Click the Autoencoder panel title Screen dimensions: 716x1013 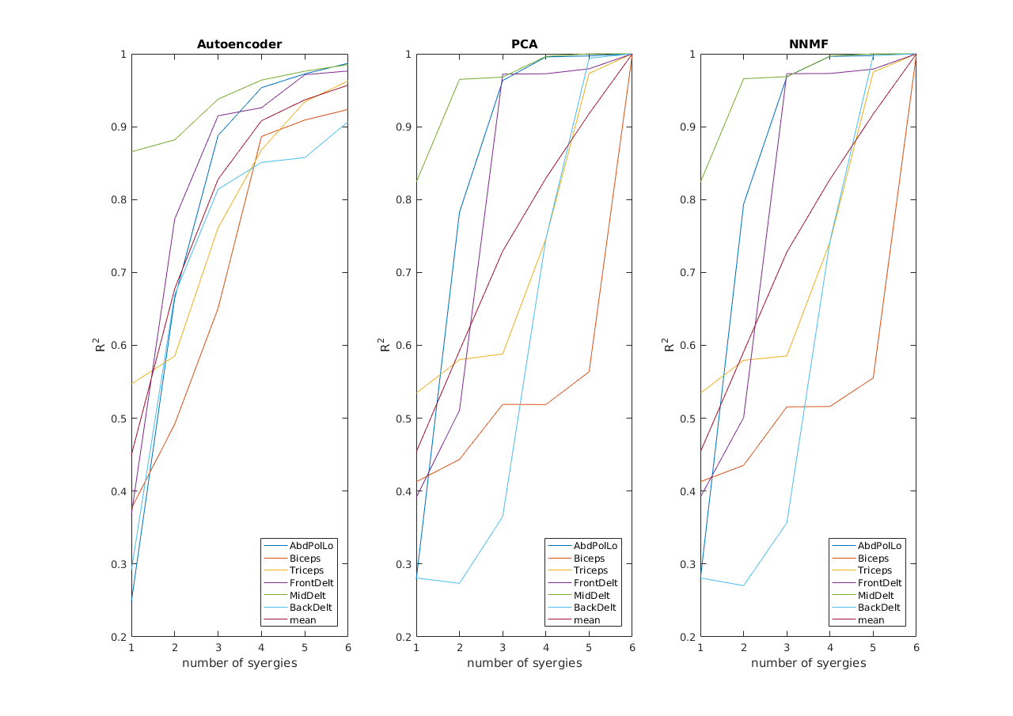[239, 44]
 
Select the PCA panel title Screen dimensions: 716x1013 [524, 44]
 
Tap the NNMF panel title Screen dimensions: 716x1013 [808, 44]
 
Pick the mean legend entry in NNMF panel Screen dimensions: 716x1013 [872, 620]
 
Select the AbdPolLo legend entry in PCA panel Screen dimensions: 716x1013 [595, 546]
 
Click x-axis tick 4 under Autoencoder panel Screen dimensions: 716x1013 [261, 648]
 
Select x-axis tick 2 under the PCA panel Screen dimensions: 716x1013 [459, 648]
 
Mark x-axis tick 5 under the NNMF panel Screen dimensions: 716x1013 [873, 648]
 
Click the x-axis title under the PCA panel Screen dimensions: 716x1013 [524, 663]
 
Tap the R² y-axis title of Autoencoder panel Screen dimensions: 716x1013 [101, 345]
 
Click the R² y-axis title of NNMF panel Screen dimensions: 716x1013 [670, 345]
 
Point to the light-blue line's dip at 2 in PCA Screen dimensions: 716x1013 [459, 583]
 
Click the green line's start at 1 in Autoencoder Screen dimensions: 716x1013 [132, 152]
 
